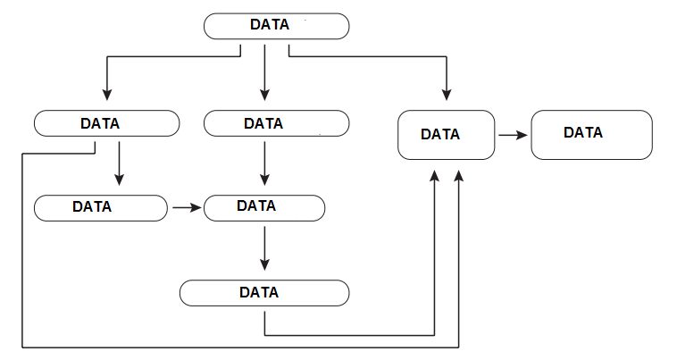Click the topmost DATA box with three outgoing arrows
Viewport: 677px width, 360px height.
276,26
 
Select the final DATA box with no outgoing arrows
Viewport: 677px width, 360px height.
590,134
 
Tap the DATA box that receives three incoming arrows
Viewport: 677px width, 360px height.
446,135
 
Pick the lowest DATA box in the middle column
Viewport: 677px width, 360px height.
264,292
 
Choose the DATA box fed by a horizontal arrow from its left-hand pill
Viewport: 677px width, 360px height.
264,206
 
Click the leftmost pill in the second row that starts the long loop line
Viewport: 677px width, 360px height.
105,123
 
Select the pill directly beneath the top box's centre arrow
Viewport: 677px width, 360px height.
275,123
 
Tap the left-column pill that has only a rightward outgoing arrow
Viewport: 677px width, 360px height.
100,207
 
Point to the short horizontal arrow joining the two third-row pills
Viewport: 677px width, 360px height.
185,207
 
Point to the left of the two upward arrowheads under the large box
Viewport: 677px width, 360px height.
434,180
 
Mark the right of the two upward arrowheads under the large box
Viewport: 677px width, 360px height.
459,180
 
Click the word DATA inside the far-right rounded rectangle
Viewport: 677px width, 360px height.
583,132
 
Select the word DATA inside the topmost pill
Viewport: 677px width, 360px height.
269,25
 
